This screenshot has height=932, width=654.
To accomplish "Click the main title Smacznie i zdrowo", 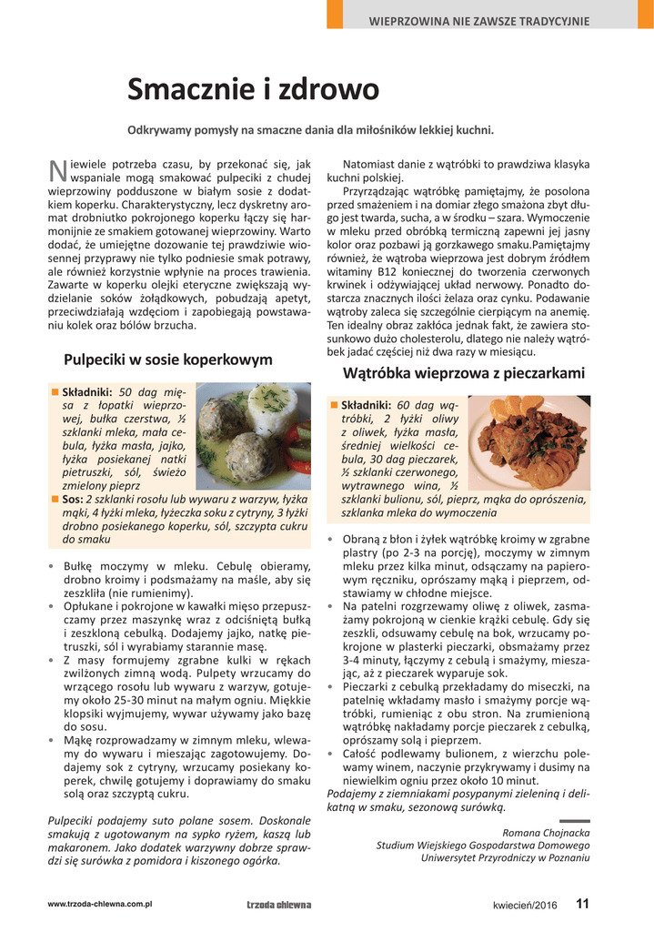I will tap(253, 89).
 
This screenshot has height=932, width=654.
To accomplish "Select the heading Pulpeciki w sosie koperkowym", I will tap(168, 360).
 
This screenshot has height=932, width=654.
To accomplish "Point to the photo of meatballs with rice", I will tap(253, 437).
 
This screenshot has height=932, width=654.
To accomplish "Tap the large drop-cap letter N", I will tap(56, 170).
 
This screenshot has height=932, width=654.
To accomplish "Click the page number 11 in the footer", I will tap(582, 904).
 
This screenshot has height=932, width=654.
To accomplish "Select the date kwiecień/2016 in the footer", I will tap(525, 905).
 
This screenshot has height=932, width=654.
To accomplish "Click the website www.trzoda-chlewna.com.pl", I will tap(99, 904).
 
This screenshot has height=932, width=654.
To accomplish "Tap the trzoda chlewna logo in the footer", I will tap(278, 905).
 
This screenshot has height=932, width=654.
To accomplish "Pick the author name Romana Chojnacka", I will tap(546, 832).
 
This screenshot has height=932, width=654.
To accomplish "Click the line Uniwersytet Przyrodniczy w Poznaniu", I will tap(505, 857).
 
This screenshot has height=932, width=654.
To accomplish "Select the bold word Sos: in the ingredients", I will tap(73, 500).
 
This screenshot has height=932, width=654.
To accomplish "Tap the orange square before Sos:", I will tap(55, 500).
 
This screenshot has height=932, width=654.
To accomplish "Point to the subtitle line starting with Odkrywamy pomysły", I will tap(310, 130).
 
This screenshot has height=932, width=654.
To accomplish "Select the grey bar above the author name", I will tap(574, 821).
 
